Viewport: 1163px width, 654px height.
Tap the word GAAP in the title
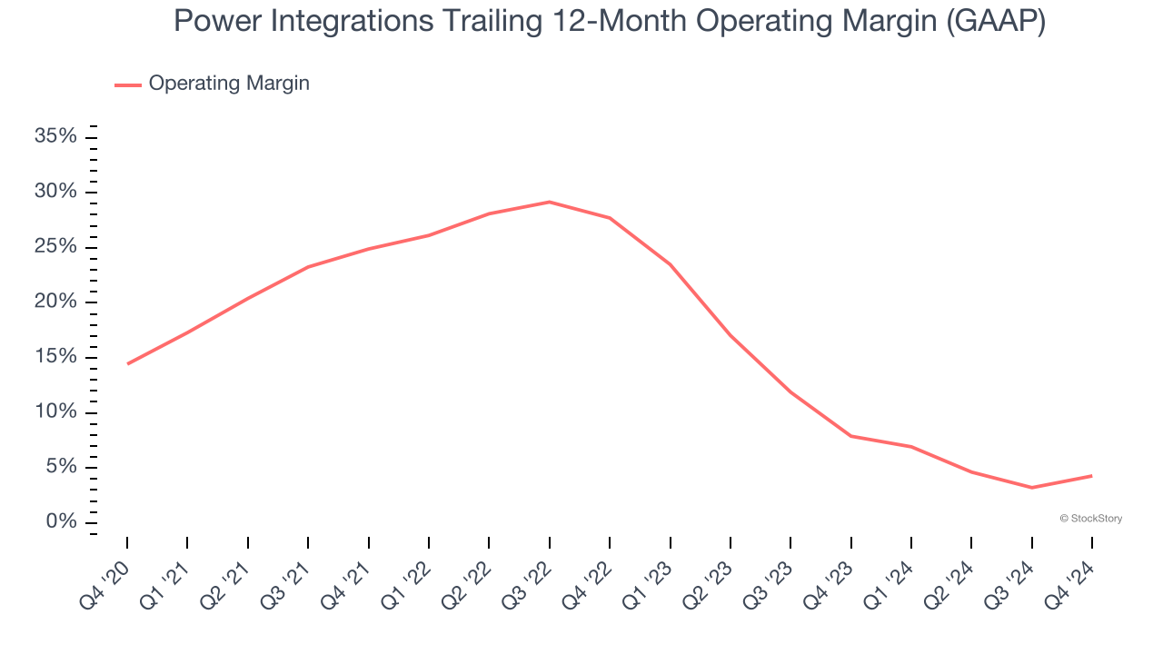(x=994, y=22)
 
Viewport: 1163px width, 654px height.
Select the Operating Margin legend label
(x=229, y=84)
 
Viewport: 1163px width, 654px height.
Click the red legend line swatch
(x=127, y=84)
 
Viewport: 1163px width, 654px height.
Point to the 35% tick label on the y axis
(x=55, y=137)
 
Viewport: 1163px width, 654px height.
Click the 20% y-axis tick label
(x=55, y=302)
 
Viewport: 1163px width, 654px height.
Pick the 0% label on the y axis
(x=61, y=522)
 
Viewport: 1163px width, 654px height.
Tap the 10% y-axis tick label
(x=55, y=412)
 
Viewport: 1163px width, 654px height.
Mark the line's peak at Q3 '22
(x=549, y=202)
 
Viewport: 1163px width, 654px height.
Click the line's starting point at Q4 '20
(x=127, y=363)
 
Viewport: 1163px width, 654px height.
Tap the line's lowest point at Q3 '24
(x=1031, y=488)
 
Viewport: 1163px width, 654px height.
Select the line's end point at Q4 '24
(x=1091, y=476)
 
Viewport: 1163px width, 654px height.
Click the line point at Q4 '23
(x=850, y=436)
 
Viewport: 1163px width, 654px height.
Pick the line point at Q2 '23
(x=730, y=335)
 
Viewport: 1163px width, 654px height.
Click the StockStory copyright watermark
(x=1090, y=519)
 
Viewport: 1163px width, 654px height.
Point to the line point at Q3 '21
(x=308, y=267)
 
